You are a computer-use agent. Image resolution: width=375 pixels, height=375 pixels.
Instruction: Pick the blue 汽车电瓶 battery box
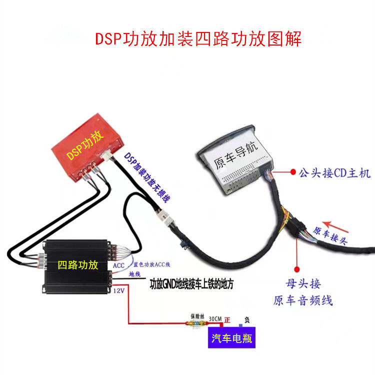[231, 338]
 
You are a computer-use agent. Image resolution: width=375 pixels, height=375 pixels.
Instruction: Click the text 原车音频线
[302, 300]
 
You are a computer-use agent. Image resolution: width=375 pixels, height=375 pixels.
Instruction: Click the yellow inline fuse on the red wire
[194, 323]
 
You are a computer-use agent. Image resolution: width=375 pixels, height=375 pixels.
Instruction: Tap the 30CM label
[213, 318]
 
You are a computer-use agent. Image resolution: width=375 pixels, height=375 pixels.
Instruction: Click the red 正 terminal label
[227, 318]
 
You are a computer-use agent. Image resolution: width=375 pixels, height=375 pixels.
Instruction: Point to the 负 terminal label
[246, 319]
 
